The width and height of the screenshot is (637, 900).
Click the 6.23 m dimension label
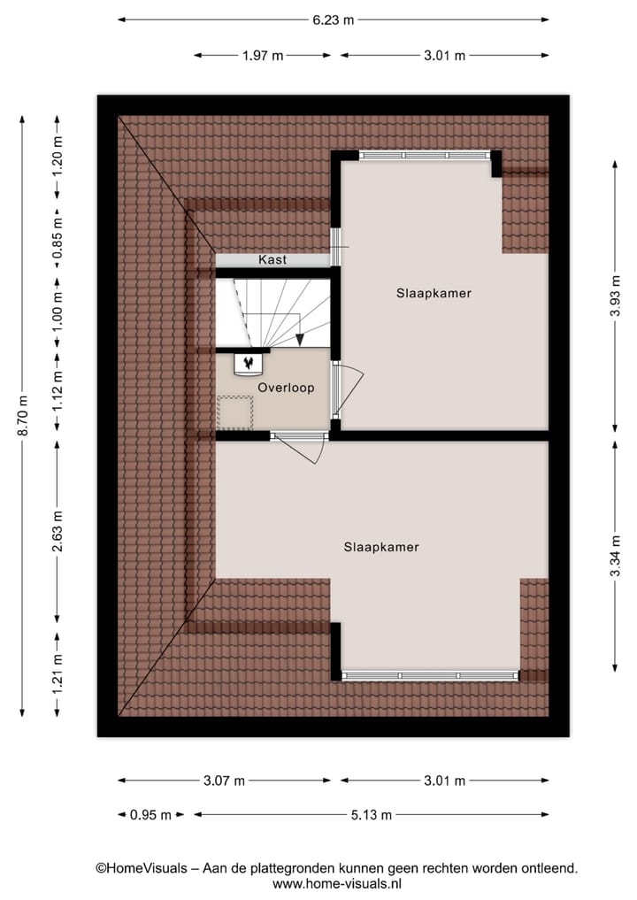pyautogui.click(x=334, y=20)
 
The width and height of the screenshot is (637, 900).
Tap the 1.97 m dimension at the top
pyautogui.click(x=263, y=56)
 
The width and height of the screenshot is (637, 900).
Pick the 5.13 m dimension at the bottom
pyautogui.click(x=372, y=815)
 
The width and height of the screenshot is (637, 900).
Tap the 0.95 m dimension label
pyautogui.click(x=150, y=815)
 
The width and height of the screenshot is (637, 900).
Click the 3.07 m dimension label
pyautogui.click(x=225, y=781)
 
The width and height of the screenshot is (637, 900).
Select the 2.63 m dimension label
pyautogui.click(x=58, y=531)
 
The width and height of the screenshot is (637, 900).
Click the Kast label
pyautogui.click(x=272, y=260)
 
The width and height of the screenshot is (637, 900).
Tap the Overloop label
pyautogui.click(x=286, y=388)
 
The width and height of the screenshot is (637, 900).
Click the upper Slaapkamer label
pyautogui.click(x=434, y=293)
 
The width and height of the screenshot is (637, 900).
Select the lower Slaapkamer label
pyautogui.click(x=381, y=547)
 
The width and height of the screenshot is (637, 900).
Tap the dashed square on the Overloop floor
pyautogui.click(x=235, y=412)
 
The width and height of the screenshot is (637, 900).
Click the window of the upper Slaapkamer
pyautogui.click(x=426, y=155)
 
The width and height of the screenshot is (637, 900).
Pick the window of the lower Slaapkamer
pyautogui.click(x=430, y=675)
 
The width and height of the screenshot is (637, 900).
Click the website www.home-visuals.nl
pyautogui.click(x=337, y=883)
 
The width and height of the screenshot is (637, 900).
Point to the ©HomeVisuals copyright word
pyautogui.click(x=142, y=868)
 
